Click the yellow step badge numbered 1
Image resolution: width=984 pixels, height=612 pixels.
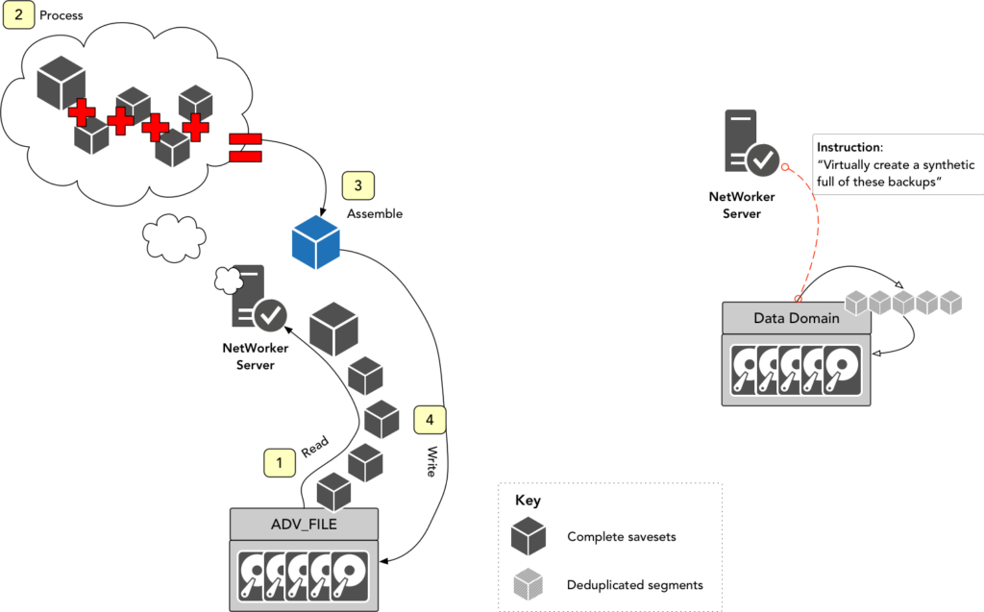click(280, 463)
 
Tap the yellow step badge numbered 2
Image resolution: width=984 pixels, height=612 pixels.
click(19, 14)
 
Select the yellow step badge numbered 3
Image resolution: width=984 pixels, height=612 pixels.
click(357, 185)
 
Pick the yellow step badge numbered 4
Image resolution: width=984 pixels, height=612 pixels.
click(430, 420)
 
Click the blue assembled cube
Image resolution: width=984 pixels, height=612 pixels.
click(315, 242)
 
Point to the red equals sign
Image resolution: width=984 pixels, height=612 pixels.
click(245, 147)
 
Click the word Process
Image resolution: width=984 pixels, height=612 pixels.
click(61, 15)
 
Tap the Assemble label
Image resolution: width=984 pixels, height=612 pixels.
click(375, 213)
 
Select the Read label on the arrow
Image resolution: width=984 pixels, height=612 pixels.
click(315, 447)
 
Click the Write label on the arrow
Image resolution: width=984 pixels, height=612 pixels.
click(431, 461)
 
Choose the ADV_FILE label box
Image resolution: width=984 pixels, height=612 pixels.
click(305, 525)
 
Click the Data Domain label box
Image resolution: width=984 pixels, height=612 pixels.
click(797, 318)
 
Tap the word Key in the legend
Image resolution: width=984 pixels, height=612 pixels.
click(528, 501)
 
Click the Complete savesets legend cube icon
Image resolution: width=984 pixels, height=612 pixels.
click(529, 536)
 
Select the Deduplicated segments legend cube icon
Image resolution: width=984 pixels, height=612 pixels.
click(529, 584)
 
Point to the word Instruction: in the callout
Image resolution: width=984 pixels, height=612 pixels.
click(849, 148)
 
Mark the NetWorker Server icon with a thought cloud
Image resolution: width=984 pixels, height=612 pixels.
click(251, 296)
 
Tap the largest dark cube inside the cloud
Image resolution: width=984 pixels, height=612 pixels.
click(61, 83)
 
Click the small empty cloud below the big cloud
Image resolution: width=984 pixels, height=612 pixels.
click(174, 238)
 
